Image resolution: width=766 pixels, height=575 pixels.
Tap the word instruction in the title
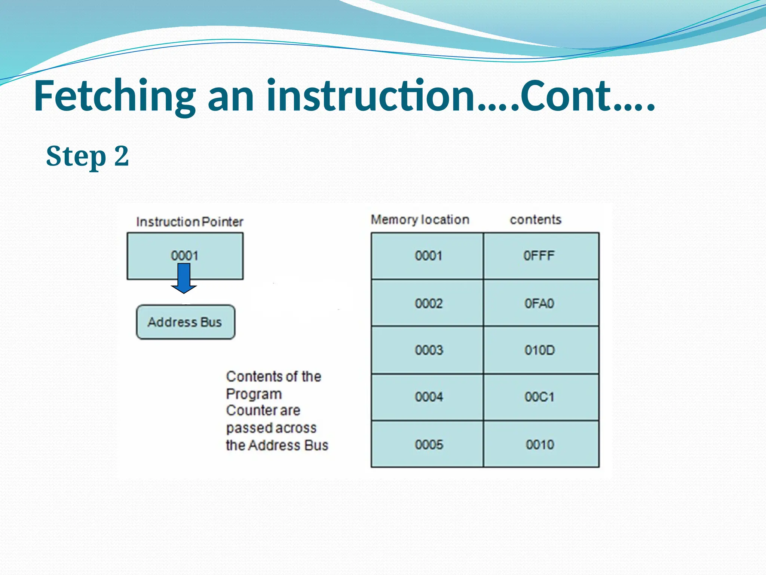370,97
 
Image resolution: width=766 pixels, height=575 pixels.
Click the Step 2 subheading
88,156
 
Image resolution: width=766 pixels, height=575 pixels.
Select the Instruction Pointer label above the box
190,222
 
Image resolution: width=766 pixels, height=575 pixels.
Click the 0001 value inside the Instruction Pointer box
184,256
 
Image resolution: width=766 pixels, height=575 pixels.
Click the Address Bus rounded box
186,322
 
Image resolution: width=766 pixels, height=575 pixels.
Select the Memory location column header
420,219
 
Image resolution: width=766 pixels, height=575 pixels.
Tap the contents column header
536,219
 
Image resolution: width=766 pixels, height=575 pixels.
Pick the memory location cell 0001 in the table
428,256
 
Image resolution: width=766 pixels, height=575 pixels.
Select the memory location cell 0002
428,303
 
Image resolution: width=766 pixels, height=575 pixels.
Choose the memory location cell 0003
428,350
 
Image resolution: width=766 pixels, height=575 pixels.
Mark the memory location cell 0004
428,397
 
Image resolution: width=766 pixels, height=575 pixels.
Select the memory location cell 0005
428,445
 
